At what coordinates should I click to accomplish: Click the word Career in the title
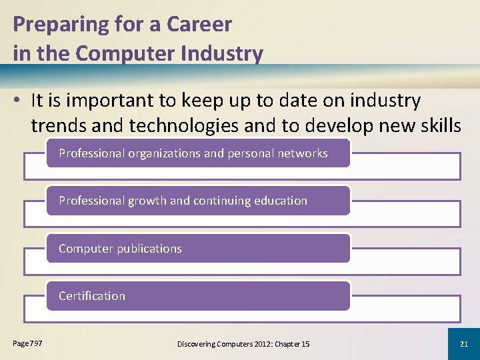[x=199, y=25]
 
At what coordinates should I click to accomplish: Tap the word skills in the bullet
[x=437, y=125]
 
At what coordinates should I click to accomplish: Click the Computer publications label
[x=120, y=249]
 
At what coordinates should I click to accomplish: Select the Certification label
[x=92, y=296]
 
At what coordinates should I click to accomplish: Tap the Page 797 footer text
[x=27, y=343]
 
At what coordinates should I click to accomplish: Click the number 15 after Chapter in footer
[x=305, y=343]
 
